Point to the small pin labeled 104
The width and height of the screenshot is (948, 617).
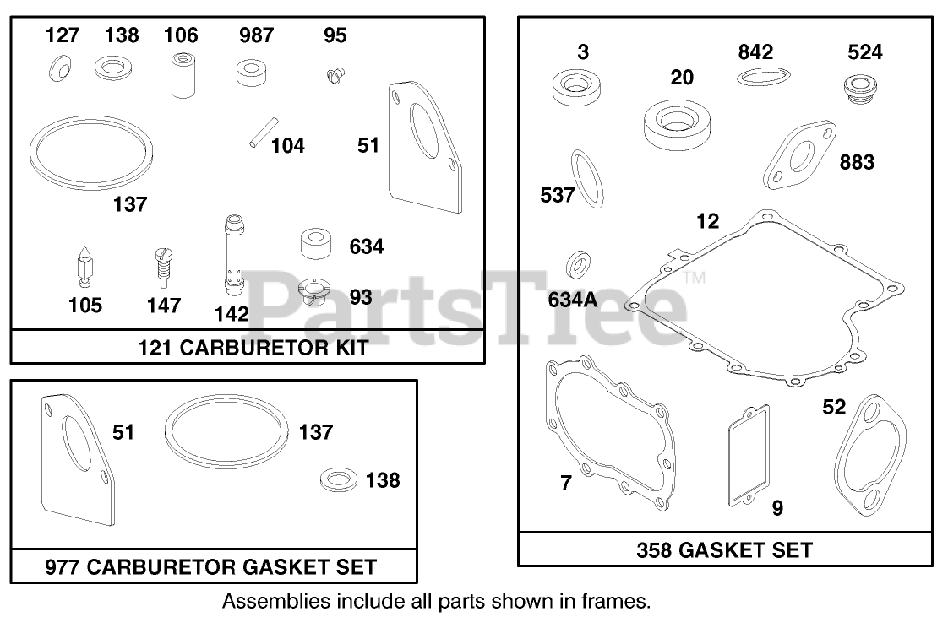tap(264, 132)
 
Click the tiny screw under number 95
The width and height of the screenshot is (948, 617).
tap(335, 75)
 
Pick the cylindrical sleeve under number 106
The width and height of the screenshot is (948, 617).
tap(183, 75)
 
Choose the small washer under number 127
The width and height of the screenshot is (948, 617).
tap(60, 68)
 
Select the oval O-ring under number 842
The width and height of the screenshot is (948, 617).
tap(764, 77)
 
